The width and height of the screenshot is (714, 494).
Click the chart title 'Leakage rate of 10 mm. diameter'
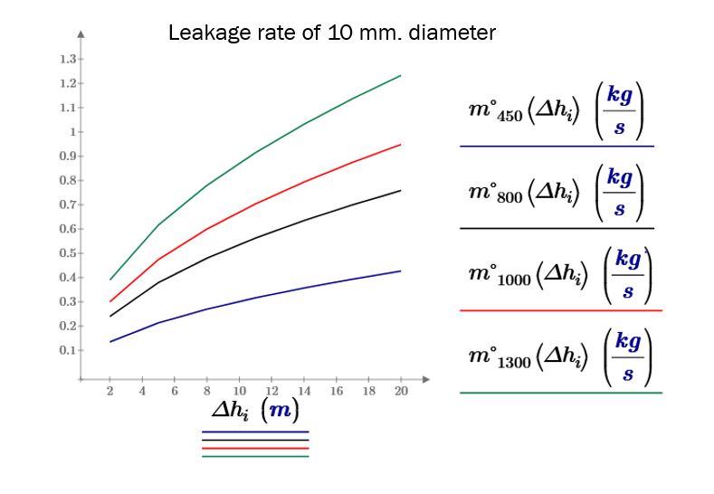[x=332, y=33]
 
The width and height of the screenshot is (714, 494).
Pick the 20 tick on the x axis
[x=401, y=391]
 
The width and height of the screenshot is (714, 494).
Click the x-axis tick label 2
[x=109, y=391]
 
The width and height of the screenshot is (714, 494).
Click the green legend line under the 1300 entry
[x=561, y=393]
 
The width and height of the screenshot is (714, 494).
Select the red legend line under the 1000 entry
[x=561, y=310]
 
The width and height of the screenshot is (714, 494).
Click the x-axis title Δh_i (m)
[x=254, y=410]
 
